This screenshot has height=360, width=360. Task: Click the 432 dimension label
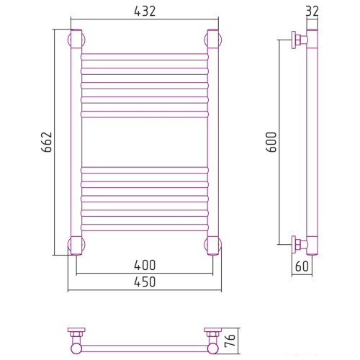pos(145,12)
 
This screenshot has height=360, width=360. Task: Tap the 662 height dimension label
pos(47,142)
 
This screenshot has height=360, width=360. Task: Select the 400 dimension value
pos(145,265)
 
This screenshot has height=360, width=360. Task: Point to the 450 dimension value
pos(145,282)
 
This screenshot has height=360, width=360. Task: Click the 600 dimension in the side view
pos(271,142)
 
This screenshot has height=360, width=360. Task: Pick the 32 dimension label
pos(312,11)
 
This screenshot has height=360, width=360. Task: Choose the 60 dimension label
pos(302,266)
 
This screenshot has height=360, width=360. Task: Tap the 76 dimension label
pos(230,341)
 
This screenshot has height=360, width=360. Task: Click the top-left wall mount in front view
pos(76,40)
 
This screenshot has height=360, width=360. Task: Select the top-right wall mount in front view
pos(213,40)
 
